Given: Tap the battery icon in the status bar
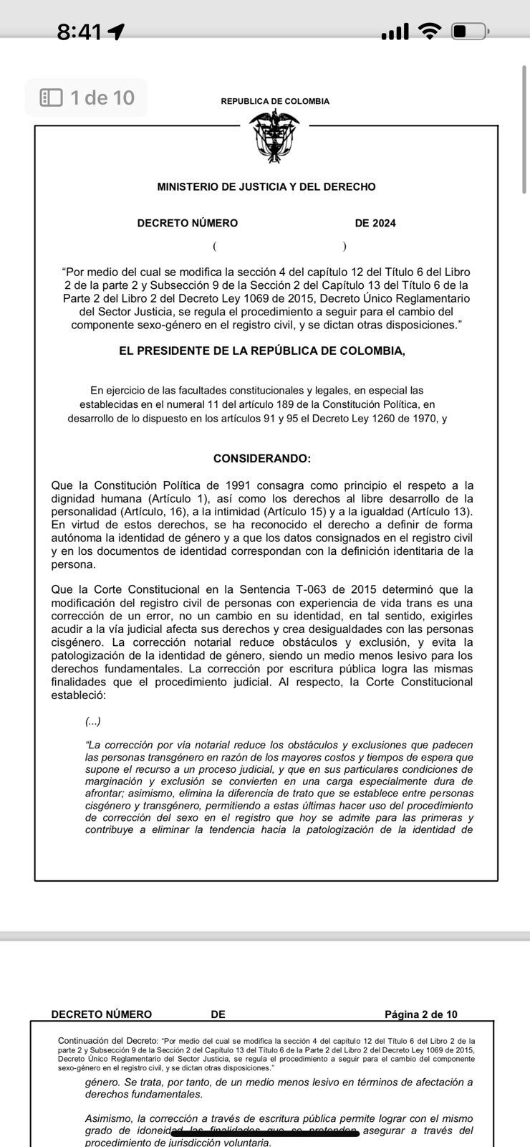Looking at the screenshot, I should click(x=470, y=32).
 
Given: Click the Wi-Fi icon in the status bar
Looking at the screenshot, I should click(x=430, y=31).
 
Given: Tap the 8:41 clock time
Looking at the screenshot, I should click(x=79, y=32).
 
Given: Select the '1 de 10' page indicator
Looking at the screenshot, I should click(x=87, y=97).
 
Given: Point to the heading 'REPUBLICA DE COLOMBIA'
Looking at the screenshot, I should click(x=275, y=101).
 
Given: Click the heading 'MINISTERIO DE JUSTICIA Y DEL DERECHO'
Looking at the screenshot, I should click(x=266, y=187).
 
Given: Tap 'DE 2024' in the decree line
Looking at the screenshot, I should click(x=375, y=223).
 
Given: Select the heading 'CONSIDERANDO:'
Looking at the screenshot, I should click(x=262, y=458).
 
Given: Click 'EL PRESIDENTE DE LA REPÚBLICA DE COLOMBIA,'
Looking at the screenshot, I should click(x=262, y=351).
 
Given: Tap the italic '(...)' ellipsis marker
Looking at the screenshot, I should click(x=93, y=721).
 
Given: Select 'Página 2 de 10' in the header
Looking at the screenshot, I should click(x=421, y=1014).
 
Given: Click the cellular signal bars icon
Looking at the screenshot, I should click(x=395, y=32).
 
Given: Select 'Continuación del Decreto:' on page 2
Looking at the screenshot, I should click(x=107, y=1040).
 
